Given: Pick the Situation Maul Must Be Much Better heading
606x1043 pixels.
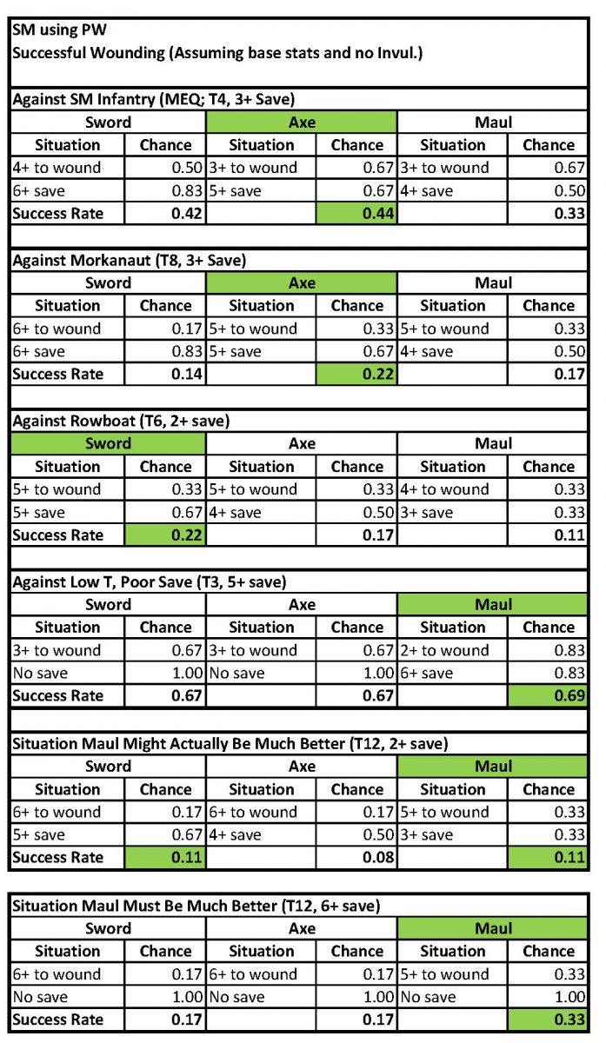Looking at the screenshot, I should point(196,906).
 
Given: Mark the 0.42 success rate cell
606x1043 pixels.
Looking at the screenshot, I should point(165,213).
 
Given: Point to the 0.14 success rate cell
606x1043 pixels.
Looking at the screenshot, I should point(165,374).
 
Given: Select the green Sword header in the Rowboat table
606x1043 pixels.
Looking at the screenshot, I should point(108,443).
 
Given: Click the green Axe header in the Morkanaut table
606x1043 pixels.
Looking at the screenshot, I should point(302,282).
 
